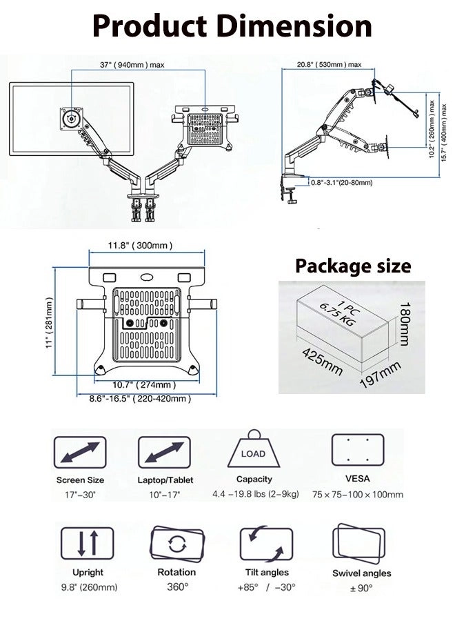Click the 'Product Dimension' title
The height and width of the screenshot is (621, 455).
point(232,26)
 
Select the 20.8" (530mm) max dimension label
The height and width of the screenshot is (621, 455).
point(329,64)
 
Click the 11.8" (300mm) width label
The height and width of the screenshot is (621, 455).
point(140,246)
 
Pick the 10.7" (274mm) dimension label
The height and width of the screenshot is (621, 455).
point(140,384)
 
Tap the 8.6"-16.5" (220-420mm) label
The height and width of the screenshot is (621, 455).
point(140,399)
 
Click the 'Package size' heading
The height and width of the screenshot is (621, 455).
point(353,266)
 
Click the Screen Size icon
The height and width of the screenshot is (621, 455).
point(80,453)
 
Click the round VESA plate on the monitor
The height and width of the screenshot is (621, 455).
point(70,117)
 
